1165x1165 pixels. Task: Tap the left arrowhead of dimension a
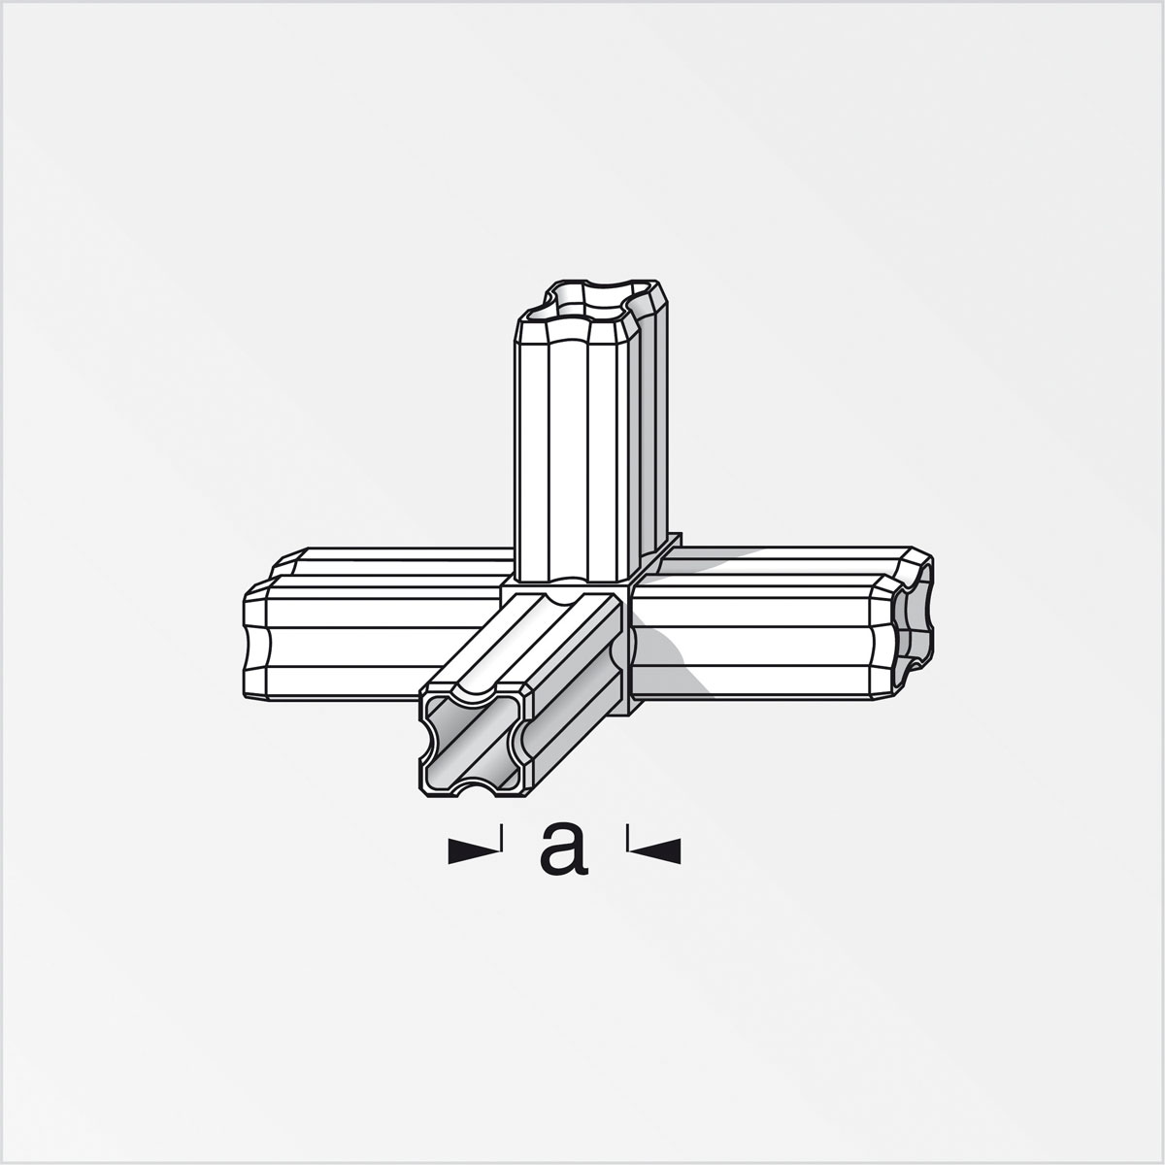pos(474,851)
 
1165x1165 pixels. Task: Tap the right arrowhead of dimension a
pos(655,851)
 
